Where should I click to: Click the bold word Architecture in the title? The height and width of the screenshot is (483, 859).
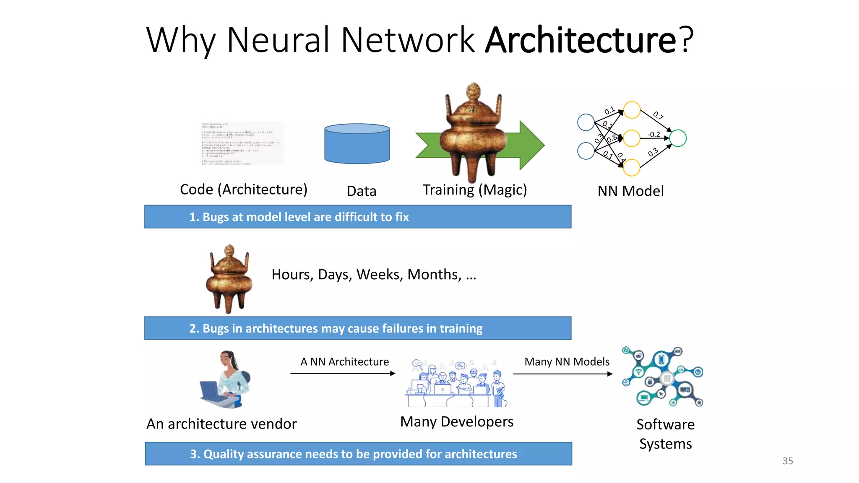pyautogui.click(x=580, y=40)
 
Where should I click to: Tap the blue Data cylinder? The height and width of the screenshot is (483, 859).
pyautogui.click(x=357, y=144)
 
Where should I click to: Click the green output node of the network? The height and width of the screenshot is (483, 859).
pyautogui.click(x=678, y=138)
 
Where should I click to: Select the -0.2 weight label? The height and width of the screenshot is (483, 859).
pyautogui.click(x=653, y=135)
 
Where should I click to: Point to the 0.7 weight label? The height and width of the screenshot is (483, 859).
pyautogui.click(x=658, y=116)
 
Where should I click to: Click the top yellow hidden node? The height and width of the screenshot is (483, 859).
pyautogui.click(x=632, y=110)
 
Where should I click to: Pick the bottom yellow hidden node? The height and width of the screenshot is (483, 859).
pyautogui.click(x=632, y=168)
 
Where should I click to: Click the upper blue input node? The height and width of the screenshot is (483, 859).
pyautogui.click(x=586, y=122)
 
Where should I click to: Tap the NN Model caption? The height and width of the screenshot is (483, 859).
pyautogui.click(x=630, y=191)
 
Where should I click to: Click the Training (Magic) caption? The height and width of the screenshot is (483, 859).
pyautogui.click(x=474, y=190)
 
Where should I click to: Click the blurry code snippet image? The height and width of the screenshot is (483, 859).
pyautogui.click(x=242, y=144)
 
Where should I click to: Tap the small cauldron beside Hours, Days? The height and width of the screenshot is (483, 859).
pyautogui.click(x=229, y=278)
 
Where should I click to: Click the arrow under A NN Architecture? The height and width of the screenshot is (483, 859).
pyautogui.click(x=343, y=373)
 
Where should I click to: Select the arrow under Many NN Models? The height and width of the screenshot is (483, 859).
pyautogui.click(x=562, y=374)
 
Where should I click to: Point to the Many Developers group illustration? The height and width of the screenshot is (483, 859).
pyautogui.click(x=456, y=383)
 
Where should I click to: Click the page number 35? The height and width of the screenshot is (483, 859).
pyautogui.click(x=787, y=461)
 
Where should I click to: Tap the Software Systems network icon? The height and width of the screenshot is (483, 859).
pyautogui.click(x=663, y=377)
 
